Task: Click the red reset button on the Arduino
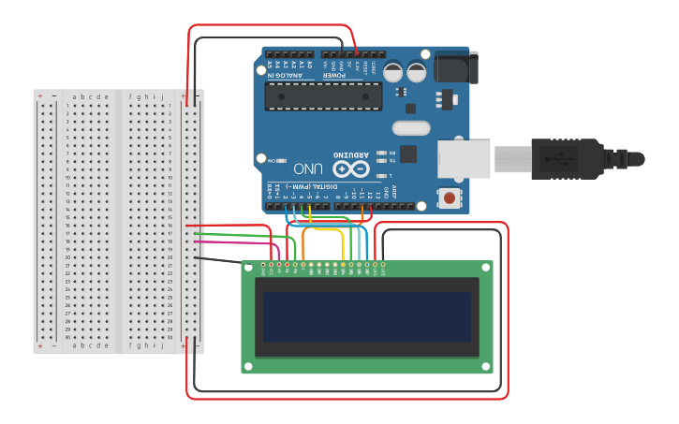[x=450, y=197]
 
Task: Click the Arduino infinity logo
[x=350, y=169]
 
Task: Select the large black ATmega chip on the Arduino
[x=323, y=95]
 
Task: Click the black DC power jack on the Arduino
[x=457, y=67]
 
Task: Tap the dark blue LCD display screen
[x=366, y=316]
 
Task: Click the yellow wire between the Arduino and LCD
[x=323, y=228]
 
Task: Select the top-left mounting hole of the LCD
[x=249, y=268]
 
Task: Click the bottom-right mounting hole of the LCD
[x=486, y=366]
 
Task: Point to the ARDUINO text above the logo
[x=351, y=153]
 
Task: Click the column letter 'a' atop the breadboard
[x=76, y=96]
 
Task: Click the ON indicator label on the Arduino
[x=272, y=161]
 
